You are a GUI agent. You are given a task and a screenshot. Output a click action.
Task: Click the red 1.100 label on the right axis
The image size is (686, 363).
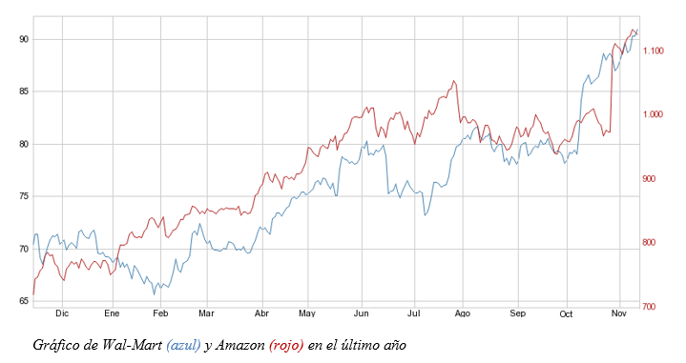pos(656,50)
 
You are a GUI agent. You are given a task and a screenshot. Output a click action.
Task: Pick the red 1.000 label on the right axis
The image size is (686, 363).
pos(656,114)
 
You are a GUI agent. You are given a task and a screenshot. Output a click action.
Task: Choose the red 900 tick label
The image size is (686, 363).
pos(653,179)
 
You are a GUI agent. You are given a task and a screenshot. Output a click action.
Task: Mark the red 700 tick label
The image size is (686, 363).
pos(653,307)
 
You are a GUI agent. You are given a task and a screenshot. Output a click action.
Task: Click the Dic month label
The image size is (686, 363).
pos(62,313)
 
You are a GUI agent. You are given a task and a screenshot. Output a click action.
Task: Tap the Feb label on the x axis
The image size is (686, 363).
pos(160,313)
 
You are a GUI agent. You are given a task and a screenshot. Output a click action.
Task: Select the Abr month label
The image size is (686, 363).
pos(262,313)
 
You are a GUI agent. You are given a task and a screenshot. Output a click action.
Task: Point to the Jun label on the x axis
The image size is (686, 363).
pos(361,313)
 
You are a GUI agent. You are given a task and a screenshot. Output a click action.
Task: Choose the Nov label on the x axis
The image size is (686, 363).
pos(618,313)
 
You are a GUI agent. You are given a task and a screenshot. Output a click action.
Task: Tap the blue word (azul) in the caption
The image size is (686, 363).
pos(183,345)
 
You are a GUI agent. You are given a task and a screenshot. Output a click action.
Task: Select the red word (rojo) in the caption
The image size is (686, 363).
pos(286,345)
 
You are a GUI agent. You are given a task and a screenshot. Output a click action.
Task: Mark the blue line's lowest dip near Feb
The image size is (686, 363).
pos(155,293)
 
